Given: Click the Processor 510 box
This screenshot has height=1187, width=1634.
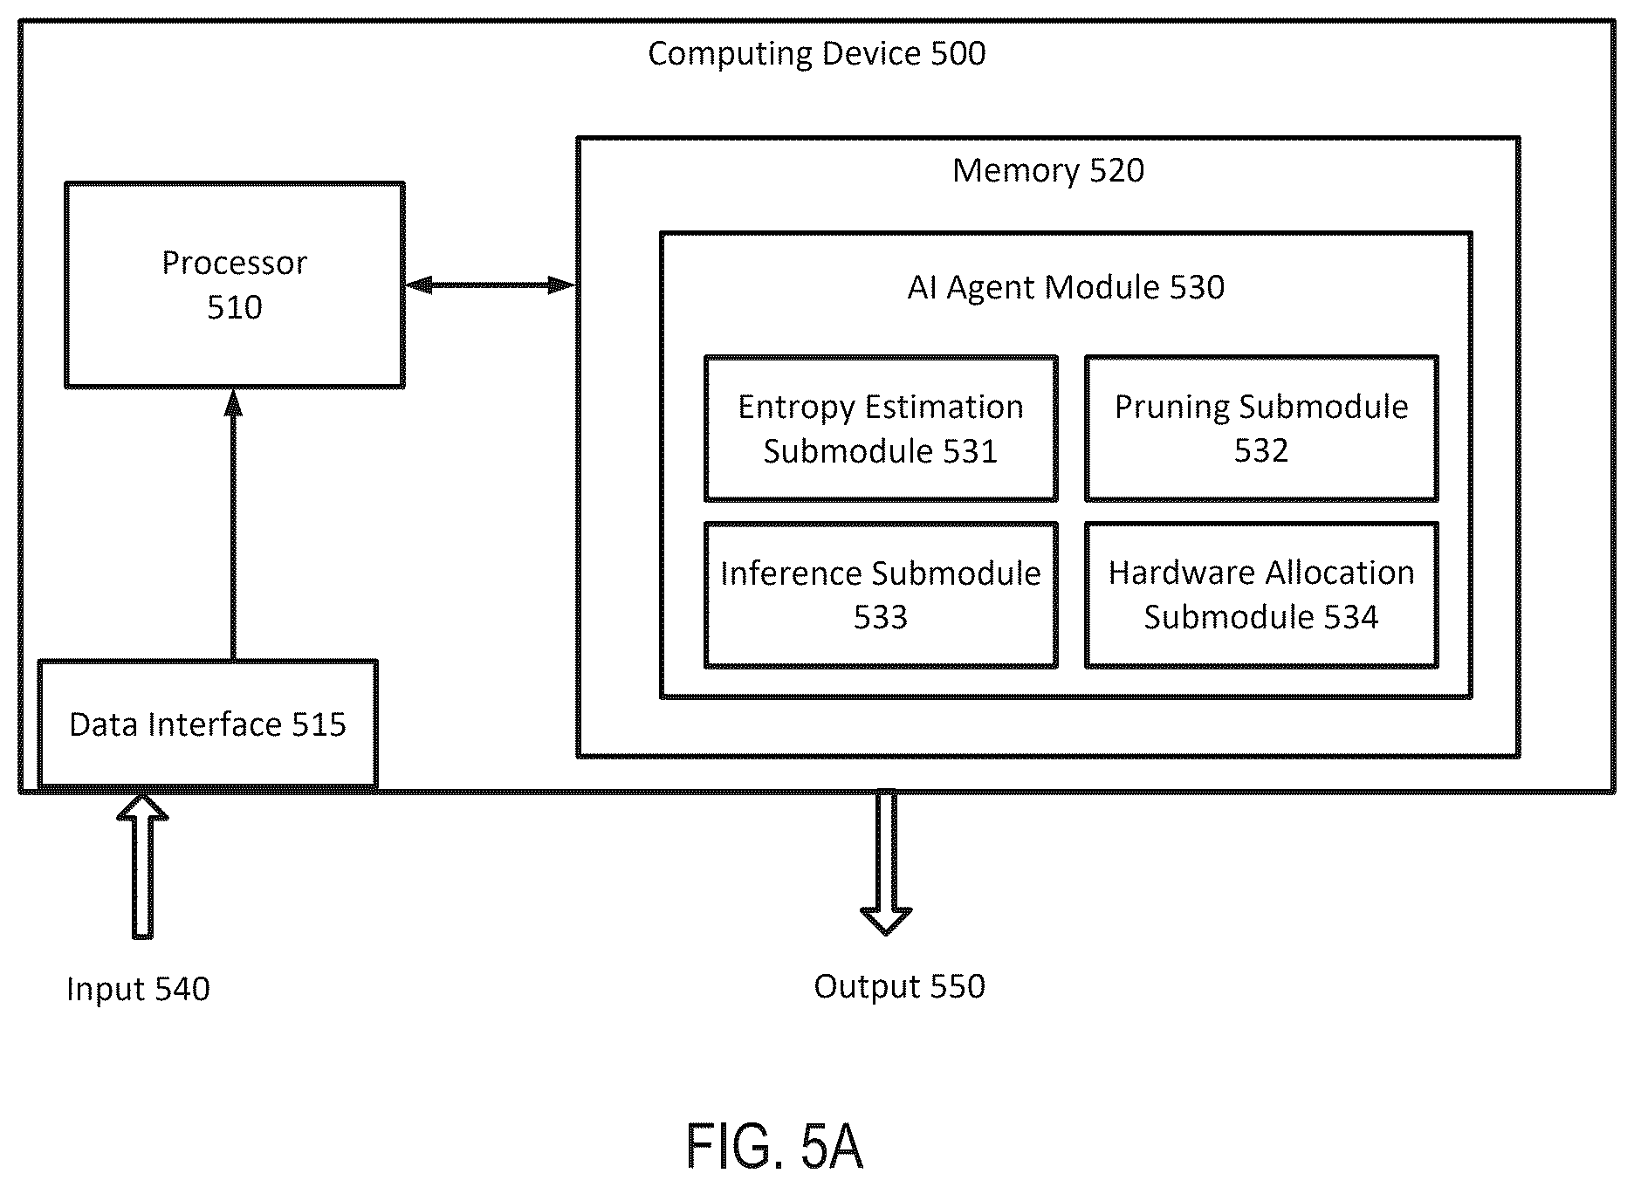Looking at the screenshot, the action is [235, 285].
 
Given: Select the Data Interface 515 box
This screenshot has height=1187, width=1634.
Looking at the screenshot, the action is [208, 724].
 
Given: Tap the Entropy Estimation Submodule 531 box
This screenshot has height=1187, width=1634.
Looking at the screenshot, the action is [881, 429].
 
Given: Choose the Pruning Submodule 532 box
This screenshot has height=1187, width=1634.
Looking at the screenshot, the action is [1261, 429].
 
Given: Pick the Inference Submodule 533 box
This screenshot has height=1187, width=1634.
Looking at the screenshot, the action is [881, 595].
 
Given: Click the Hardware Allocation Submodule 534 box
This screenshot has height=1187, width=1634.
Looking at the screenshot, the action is [1261, 595].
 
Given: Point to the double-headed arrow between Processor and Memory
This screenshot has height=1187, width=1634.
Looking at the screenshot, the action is [491, 285].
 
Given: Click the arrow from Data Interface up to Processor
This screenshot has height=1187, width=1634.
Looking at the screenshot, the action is [233, 524].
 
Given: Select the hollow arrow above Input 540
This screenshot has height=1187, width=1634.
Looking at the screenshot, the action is [142, 866].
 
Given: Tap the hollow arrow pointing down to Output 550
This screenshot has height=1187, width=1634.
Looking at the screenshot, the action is [886, 862].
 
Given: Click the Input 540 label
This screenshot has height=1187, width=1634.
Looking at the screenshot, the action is [138, 989].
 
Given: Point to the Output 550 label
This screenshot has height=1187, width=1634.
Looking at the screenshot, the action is [899, 986].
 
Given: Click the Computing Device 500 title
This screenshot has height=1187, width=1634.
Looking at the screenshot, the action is [816, 54].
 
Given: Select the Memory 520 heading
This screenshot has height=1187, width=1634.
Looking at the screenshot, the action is [1047, 170].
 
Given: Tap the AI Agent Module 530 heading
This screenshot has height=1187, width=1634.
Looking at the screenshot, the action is [1066, 287].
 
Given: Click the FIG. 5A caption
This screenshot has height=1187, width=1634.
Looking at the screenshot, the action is [775, 1146].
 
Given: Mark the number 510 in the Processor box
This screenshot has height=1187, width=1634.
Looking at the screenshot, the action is [235, 307].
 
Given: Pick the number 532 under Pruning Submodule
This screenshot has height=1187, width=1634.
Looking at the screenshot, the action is [1261, 451].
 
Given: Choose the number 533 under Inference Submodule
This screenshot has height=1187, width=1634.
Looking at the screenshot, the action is [881, 618].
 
